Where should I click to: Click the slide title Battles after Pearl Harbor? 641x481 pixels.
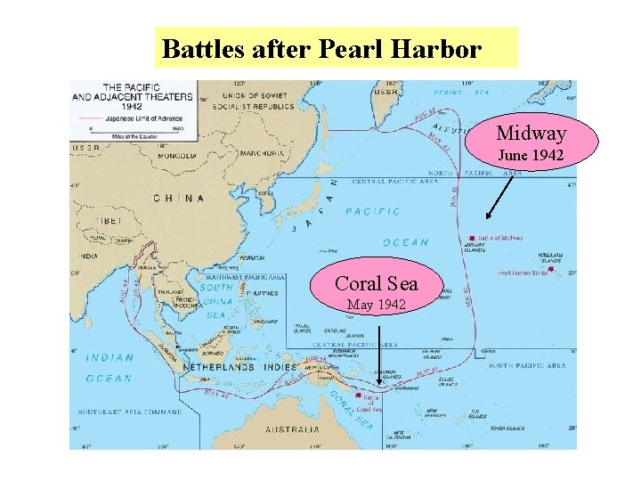(x=321, y=48)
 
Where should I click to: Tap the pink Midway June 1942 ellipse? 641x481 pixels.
(x=531, y=142)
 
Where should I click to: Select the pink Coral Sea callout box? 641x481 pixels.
(x=376, y=292)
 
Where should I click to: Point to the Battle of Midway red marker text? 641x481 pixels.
(x=499, y=238)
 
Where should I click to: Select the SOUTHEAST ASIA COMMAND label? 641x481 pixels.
(x=130, y=412)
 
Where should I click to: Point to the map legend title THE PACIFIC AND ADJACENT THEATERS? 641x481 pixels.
(x=108, y=93)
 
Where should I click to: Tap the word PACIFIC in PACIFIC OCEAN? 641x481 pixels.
(x=372, y=212)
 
